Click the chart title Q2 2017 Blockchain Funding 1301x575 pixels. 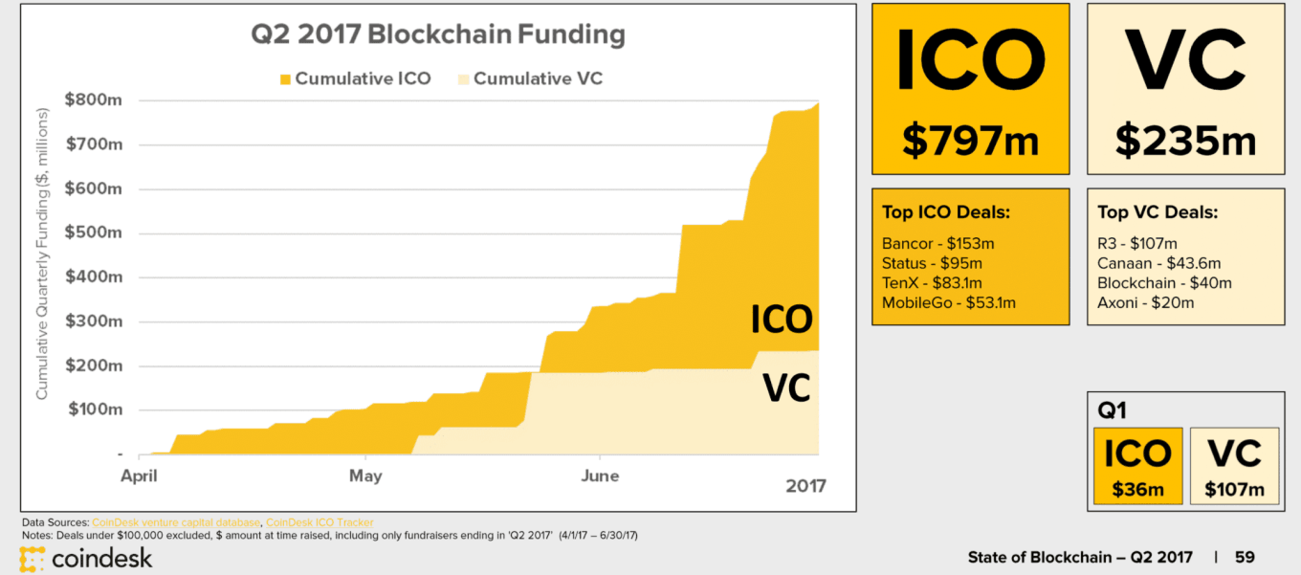coord(437,35)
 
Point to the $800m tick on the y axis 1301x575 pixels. coord(94,100)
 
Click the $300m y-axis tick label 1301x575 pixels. coord(94,321)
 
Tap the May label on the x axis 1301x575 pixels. coord(365,475)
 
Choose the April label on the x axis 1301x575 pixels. coord(141,475)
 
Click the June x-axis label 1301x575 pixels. coord(599,475)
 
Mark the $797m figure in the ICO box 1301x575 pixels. coord(970,140)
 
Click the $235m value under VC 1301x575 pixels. coord(1185,140)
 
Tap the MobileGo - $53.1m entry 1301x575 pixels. coord(949,303)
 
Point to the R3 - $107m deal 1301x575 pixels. coord(1137,243)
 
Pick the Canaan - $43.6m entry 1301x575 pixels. coord(1158,263)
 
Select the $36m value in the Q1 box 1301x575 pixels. coord(1137,490)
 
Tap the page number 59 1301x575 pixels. coord(1244,557)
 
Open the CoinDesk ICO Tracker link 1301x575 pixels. coord(320,522)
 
